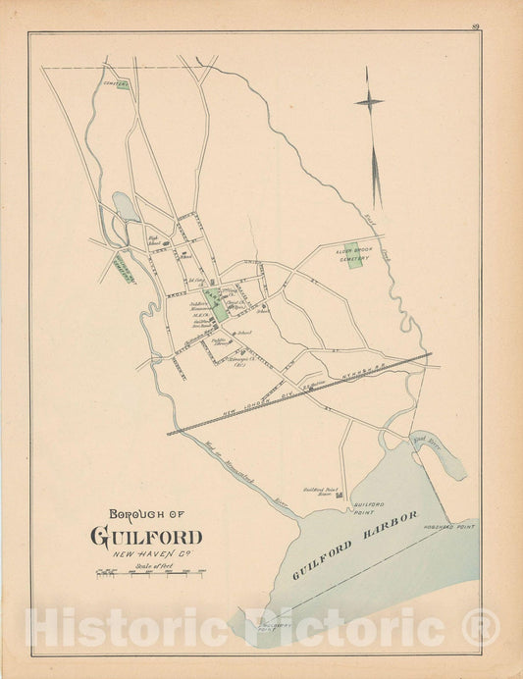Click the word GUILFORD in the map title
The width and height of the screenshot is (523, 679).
[147, 537]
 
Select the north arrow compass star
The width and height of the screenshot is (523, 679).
[369, 101]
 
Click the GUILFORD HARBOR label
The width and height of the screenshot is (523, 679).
[354, 545]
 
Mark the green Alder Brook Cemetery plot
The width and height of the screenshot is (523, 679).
[352, 254]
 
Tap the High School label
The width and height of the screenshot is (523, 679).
[154, 238]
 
